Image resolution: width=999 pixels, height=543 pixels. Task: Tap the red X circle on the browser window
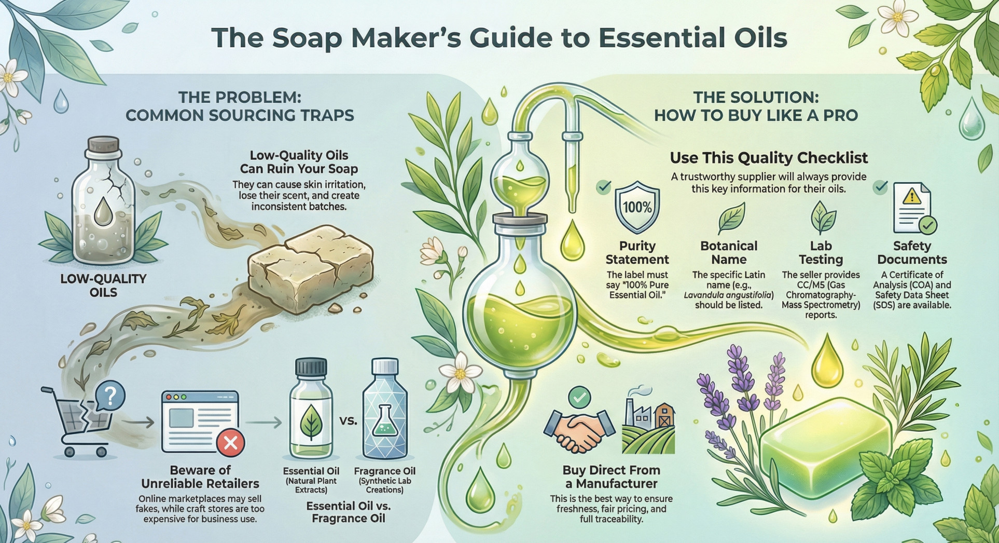(x=230, y=443)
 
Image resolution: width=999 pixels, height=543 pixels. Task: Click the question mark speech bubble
(x=110, y=396)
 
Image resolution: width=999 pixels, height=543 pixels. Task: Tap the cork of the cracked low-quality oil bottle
(x=104, y=148)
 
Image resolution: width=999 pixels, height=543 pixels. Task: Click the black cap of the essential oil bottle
(x=311, y=368)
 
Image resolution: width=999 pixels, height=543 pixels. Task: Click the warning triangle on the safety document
(x=911, y=196)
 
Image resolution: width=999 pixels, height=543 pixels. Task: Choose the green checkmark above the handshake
(x=579, y=397)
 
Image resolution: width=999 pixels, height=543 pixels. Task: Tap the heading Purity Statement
(x=637, y=252)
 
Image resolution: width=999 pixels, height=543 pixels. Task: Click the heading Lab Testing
(x=821, y=252)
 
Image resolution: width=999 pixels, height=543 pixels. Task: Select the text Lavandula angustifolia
(x=729, y=295)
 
